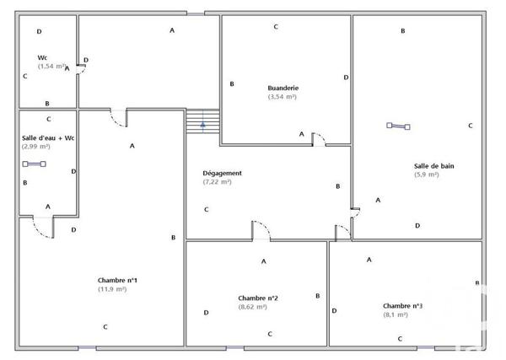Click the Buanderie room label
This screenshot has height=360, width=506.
click(x=283, y=88)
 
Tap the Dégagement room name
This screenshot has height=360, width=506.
click(x=223, y=173)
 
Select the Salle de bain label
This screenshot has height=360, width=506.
click(x=433, y=166)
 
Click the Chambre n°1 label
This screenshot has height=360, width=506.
click(x=118, y=280)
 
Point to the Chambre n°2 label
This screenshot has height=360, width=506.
click(x=259, y=298)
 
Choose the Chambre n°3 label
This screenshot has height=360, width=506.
click(x=403, y=306)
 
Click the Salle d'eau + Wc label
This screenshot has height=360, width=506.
click(x=48, y=137)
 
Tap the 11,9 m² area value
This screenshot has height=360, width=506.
click(x=112, y=289)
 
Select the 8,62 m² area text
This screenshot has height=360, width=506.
click(x=253, y=307)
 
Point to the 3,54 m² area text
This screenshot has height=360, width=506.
click(x=283, y=97)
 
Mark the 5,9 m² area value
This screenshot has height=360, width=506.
click(x=426, y=175)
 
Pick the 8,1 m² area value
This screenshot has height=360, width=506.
click(x=396, y=314)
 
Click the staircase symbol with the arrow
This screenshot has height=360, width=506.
click(x=203, y=123)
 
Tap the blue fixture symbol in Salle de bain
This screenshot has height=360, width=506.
click(x=398, y=126)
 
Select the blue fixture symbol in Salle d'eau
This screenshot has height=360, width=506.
click(x=35, y=164)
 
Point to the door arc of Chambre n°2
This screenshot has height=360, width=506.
click(x=261, y=230)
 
